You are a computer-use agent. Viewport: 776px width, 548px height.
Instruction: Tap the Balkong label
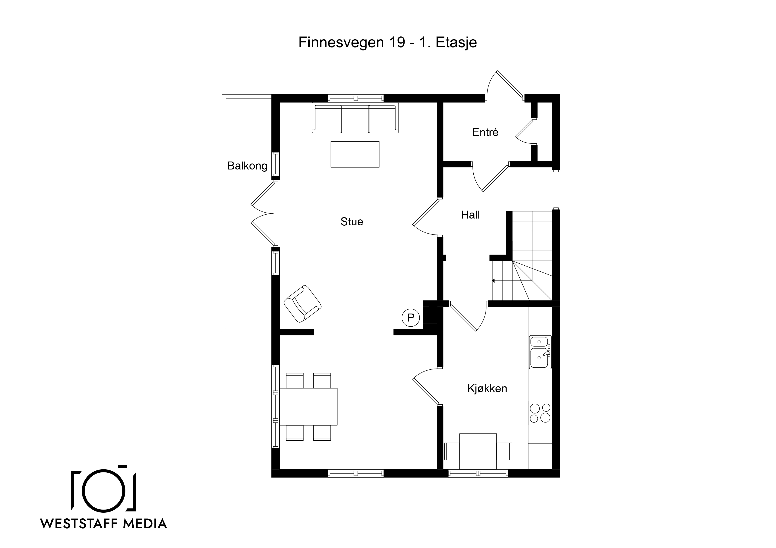[247, 166]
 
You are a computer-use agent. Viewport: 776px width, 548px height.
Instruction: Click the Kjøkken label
[487, 389]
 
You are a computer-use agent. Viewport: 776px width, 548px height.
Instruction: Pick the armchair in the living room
[302, 304]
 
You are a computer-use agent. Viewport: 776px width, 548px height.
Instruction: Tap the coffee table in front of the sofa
[355, 154]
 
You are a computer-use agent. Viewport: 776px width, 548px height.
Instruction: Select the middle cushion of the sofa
[355, 119]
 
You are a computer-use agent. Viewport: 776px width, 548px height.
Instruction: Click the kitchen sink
[540, 352]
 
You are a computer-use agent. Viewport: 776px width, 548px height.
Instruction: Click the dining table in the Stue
[308, 407]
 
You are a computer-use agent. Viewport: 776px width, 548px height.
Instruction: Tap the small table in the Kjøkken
[478, 451]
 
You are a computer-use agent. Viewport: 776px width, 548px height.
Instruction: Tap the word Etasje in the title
[456, 43]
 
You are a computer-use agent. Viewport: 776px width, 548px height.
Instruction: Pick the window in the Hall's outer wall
[556, 190]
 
